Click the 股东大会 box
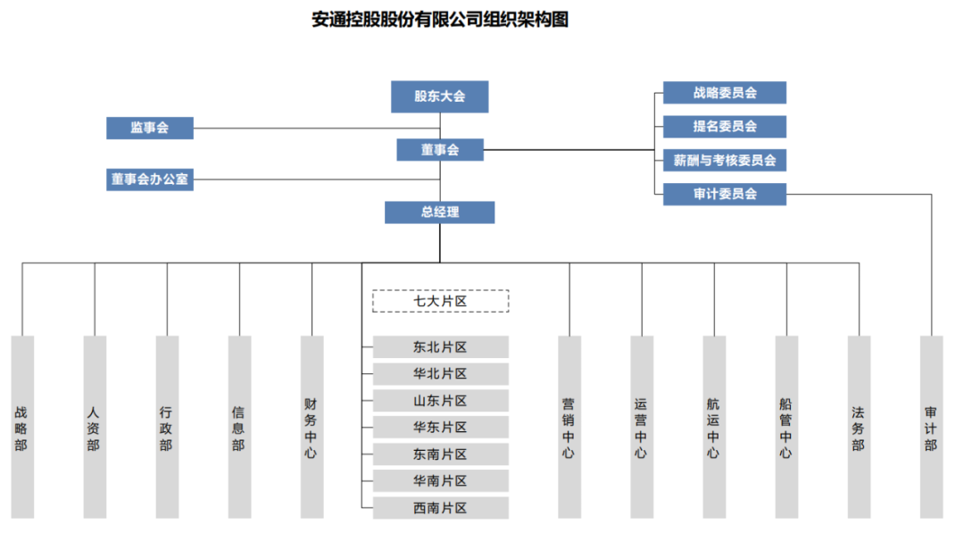click(x=439, y=96)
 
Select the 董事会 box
click(x=439, y=150)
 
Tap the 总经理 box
click(x=439, y=212)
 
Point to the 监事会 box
click(x=149, y=128)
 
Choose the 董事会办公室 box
click(x=149, y=179)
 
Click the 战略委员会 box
click(x=724, y=93)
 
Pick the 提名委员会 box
click(x=724, y=127)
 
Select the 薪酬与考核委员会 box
click(x=724, y=161)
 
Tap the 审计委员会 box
click(x=724, y=194)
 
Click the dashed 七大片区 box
click(x=440, y=301)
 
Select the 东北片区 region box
click(x=440, y=347)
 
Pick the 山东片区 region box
click(x=440, y=401)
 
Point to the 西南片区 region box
click(x=440, y=508)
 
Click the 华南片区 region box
click(x=440, y=481)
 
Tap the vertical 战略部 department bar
click(x=22, y=427)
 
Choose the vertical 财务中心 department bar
click(x=312, y=427)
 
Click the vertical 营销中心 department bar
click(x=569, y=427)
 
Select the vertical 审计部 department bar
click(x=931, y=427)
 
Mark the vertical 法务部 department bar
click(x=858, y=427)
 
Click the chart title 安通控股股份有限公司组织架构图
click(x=439, y=20)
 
